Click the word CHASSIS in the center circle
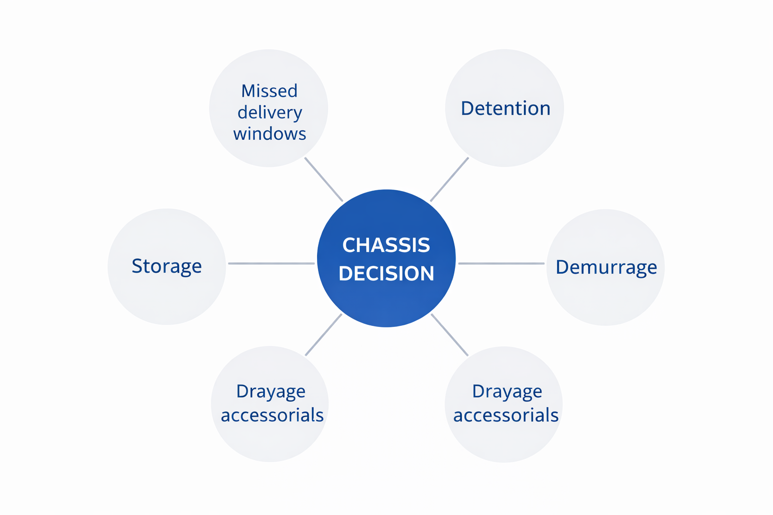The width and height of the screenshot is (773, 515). pos(386,245)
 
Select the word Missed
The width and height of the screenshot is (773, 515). pos(269,91)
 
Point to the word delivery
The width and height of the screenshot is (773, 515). pos(270,113)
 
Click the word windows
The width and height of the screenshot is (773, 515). pos(270,133)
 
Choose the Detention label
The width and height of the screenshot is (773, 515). pos(506,108)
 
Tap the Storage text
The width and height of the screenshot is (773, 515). pos(167,266)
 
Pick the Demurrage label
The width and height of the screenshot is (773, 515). pos(606,268)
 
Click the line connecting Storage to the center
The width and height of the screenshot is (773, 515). pos(272,264)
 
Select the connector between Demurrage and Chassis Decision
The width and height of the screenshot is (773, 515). pos(501,264)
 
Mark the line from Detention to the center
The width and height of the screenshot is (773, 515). pos(449,180)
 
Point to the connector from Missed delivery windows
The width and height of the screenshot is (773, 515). pos(324,180)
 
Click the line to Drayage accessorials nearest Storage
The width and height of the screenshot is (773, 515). pos(324,334)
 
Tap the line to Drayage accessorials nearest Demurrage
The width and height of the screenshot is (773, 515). pos(449,334)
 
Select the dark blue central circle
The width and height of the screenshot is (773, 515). pos(386,258)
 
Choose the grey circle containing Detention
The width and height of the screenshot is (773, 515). pos(505,108)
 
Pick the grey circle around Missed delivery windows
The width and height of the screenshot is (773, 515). pos(268,108)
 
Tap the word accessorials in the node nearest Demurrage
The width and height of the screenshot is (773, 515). pos(506,415)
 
